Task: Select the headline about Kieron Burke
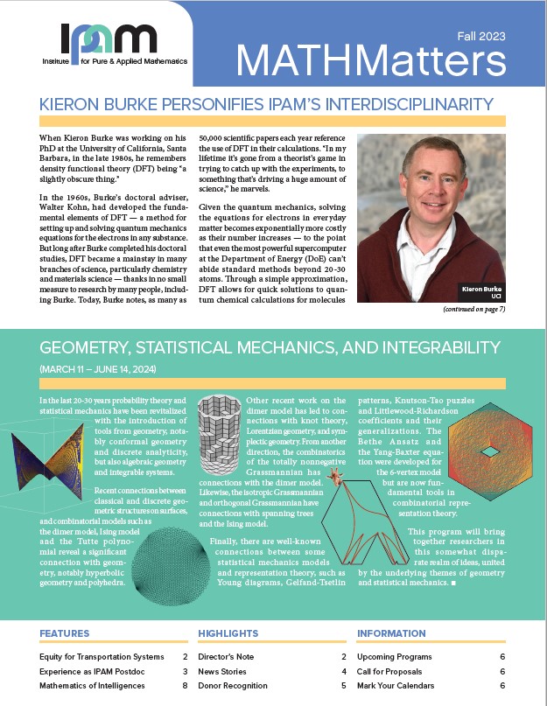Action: (x=273, y=104)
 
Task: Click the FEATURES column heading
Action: (x=64, y=633)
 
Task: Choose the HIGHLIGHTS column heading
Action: (x=228, y=633)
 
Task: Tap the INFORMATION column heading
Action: (x=391, y=633)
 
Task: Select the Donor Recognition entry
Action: (x=233, y=686)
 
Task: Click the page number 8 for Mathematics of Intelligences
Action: (x=185, y=686)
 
